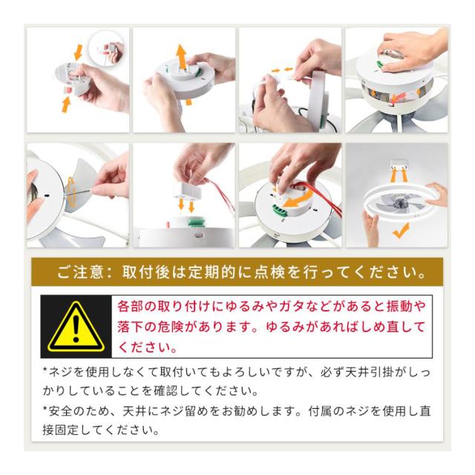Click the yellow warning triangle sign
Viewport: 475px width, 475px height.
pos(76,327)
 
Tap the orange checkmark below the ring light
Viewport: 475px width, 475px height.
pos(401,231)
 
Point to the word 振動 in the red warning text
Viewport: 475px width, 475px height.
pos(396,307)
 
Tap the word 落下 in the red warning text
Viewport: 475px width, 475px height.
pos(128,327)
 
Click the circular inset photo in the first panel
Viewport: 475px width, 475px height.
pos(106,49)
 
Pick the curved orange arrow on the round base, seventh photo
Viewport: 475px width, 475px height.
pos(298,198)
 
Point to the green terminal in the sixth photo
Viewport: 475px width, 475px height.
pos(195,223)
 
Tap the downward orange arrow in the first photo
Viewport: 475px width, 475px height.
pos(79,52)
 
